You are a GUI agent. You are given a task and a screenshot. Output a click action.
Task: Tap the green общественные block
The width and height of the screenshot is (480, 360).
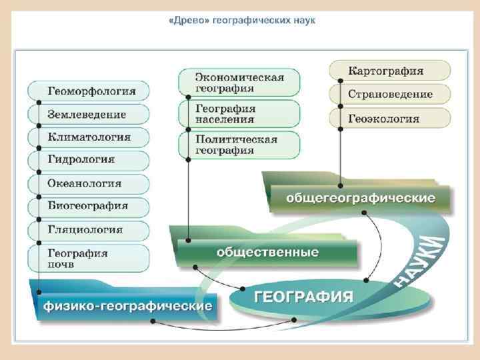pos(267,253)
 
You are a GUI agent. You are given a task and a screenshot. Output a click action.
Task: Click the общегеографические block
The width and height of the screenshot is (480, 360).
pos(361,199)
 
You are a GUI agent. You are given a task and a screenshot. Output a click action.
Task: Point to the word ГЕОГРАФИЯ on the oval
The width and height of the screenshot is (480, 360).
pos(304,297)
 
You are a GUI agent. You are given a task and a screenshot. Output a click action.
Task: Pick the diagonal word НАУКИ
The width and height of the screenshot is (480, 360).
pos(419,260)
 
